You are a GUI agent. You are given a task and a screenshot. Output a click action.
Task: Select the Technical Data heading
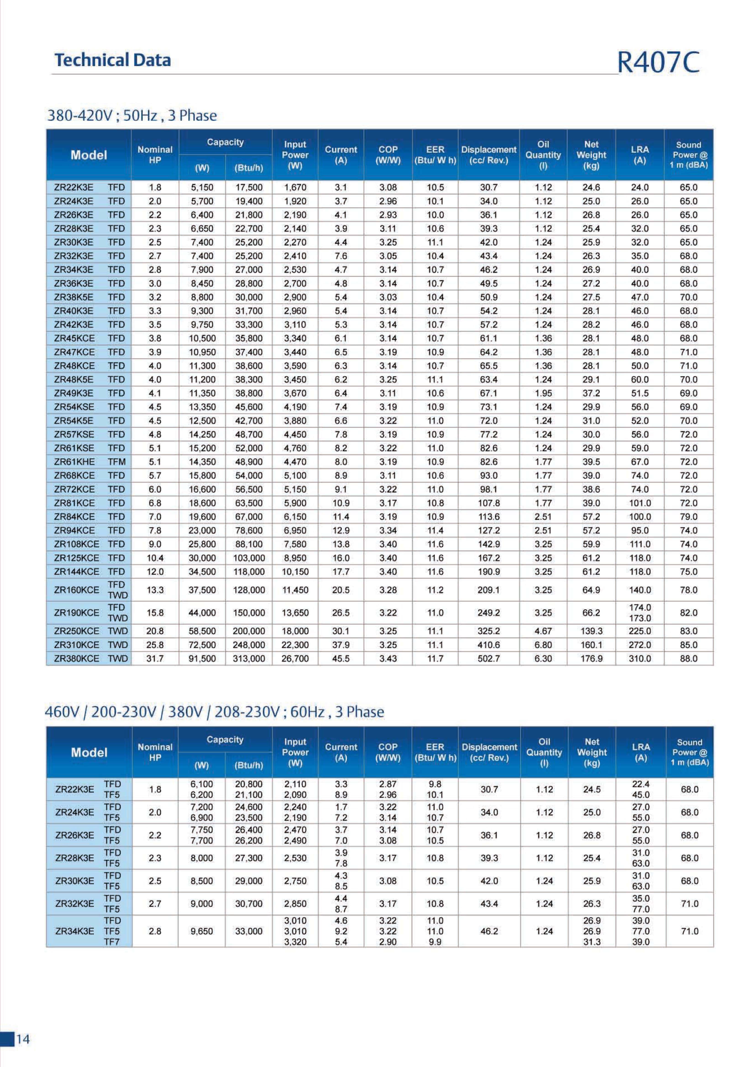tap(113, 60)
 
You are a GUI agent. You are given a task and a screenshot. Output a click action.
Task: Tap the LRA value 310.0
tap(640, 658)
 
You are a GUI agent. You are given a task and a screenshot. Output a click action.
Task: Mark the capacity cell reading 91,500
tap(202, 658)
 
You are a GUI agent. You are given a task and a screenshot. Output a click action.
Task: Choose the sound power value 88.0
tap(689, 658)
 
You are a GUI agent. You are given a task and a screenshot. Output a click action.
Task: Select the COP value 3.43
tap(388, 658)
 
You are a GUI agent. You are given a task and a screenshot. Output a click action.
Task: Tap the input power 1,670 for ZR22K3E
tap(295, 187)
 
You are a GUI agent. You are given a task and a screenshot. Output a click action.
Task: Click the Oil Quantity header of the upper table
tap(543, 155)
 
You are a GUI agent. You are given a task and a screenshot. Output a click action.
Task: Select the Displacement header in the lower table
tap(489, 752)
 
